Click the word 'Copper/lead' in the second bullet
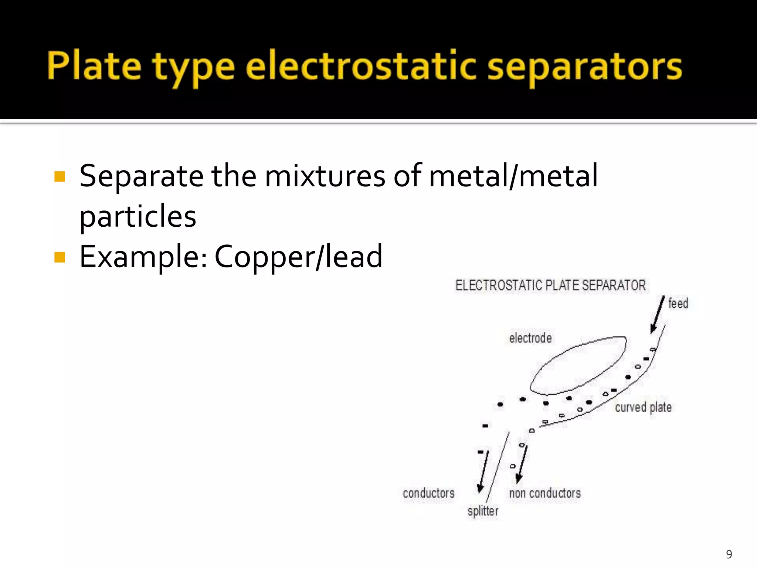(x=298, y=256)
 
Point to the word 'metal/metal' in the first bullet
(x=513, y=176)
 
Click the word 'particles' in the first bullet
(x=138, y=216)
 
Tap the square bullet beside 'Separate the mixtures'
(x=60, y=176)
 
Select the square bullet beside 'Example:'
(x=60, y=257)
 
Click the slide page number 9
(x=729, y=554)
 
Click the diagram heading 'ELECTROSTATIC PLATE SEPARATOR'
(x=550, y=285)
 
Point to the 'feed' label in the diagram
(x=678, y=303)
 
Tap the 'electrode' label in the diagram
(x=530, y=338)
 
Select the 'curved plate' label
(x=643, y=407)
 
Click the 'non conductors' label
(x=545, y=493)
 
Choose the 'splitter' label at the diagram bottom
(x=483, y=511)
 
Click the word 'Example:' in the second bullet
(x=143, y=256)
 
